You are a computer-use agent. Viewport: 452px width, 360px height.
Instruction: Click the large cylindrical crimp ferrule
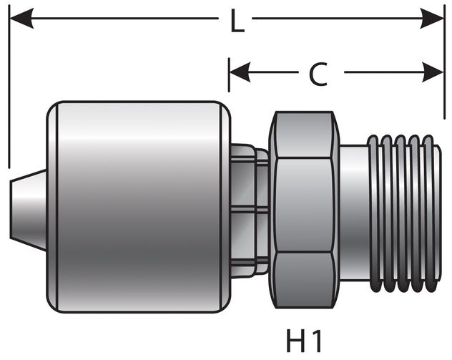(x=136, y=208)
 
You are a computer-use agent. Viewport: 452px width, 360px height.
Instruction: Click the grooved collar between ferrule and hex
(x=247, y=208)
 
